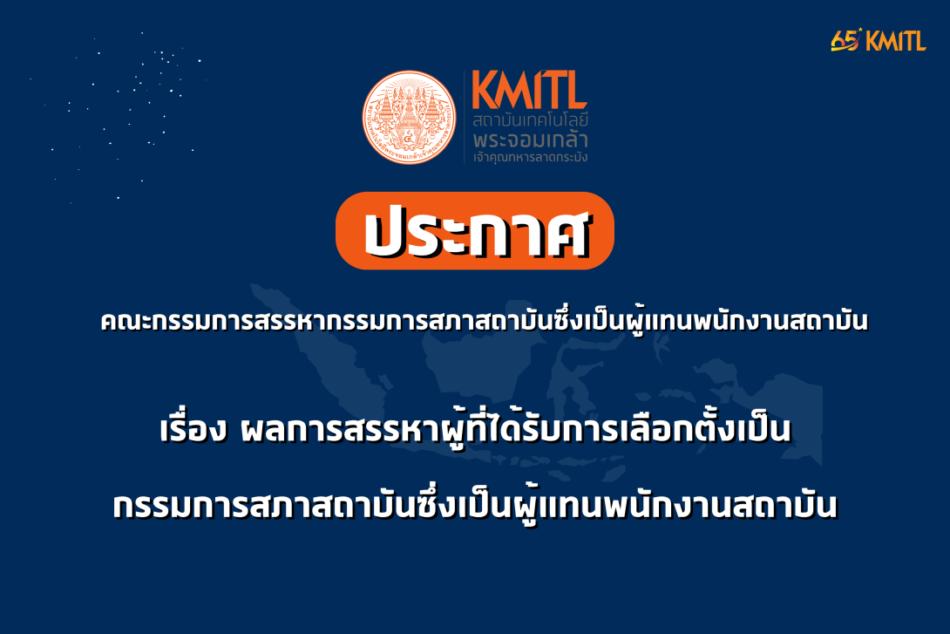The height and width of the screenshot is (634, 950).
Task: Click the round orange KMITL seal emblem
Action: pyautogui.click(x=410, y=118)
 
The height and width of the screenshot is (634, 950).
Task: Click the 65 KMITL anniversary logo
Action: pyautogui.click(x=878, y=40)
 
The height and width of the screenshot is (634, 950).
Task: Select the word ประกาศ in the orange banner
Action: pyautogui.click(x=475, y=231)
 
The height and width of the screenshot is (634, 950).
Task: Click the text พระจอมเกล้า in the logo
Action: pyautogui.click(x=530, y=140)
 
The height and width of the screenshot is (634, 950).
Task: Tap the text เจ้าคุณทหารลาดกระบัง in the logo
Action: pyautogui.click(x=530, y=158)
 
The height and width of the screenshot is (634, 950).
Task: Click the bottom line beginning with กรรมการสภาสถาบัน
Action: pyautogui.click(x=475, y=507)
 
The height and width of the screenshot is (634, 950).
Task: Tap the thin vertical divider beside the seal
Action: pyautogui.click(x=464, y=118)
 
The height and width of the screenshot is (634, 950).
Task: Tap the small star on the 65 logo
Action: pyautogui.click(x=860, y=31)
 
